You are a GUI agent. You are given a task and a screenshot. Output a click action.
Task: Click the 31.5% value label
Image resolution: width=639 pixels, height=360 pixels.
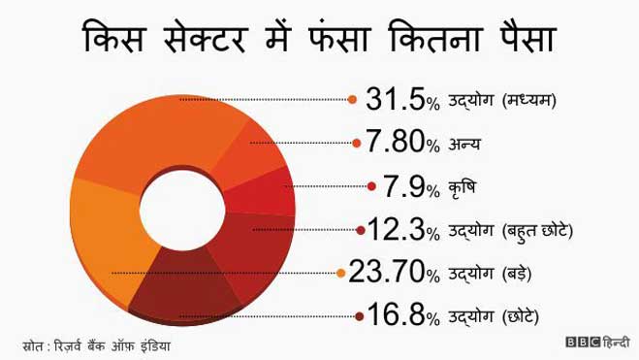[x=401, y=98]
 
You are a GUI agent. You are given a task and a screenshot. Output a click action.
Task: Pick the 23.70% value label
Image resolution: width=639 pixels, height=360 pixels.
[x=394, y=272]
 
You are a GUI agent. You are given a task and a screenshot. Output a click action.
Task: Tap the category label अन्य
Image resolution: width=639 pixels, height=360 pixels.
[x=465, y=145]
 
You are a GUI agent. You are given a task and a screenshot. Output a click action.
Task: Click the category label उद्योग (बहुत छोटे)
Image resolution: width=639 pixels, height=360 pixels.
[x=513, y=231]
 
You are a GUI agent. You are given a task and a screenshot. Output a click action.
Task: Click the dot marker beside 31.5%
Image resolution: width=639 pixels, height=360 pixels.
[x=352, y=98]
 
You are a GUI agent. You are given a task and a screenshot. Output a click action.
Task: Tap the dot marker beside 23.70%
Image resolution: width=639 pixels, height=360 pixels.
[x=339, y=273]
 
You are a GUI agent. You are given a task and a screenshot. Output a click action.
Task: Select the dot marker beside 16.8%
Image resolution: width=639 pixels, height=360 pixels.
[x=359, y=315]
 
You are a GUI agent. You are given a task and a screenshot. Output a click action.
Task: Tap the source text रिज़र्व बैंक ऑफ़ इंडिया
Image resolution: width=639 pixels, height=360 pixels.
[x=118, y=344]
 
